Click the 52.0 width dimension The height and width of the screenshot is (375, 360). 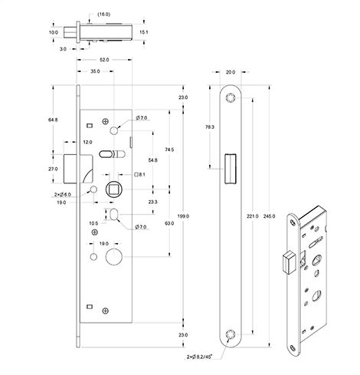click(x=103, y=60)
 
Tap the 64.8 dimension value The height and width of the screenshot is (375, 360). click(x=52, y=120)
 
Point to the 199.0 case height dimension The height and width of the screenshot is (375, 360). click(x=182, y=217)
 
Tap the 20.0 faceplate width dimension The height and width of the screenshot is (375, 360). click(x=232, y=74)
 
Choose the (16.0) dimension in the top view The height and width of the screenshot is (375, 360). click(x=103, y=14)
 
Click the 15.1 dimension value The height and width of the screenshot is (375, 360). click(x=145, y=33)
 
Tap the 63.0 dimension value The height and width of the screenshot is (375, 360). click(x=167, y=223)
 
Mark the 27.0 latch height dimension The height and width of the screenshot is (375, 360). click(x=52, y=168)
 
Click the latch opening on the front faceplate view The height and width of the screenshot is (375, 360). click(x=229, y=168)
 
